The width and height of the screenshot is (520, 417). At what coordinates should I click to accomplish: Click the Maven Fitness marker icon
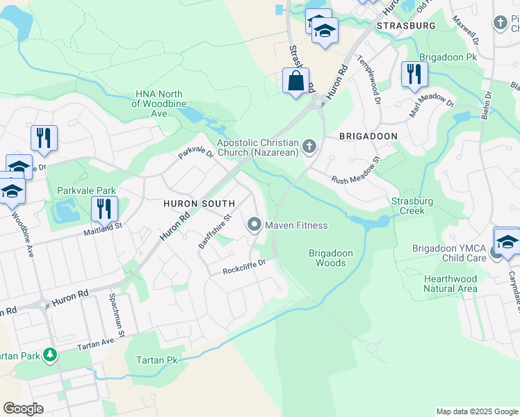255,224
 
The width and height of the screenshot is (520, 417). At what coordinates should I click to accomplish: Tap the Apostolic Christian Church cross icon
309,147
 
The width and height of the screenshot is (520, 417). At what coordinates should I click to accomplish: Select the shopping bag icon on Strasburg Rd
296,81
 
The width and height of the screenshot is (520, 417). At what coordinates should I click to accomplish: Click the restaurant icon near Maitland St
104,208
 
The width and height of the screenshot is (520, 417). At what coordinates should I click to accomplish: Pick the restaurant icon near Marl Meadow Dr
414,74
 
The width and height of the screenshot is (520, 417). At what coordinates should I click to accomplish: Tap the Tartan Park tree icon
50,355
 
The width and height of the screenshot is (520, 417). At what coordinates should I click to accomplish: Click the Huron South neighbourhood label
199,203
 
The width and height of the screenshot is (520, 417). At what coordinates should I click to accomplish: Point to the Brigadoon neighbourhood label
368,137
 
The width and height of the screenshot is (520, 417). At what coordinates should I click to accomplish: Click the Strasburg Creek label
412,206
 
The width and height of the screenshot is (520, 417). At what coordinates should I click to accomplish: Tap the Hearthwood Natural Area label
450,284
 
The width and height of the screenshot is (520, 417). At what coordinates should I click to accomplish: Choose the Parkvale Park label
87,190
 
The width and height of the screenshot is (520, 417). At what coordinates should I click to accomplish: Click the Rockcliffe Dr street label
244,267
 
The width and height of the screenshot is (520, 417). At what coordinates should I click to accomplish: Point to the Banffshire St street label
213,231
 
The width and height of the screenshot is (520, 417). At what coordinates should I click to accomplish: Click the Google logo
23,409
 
